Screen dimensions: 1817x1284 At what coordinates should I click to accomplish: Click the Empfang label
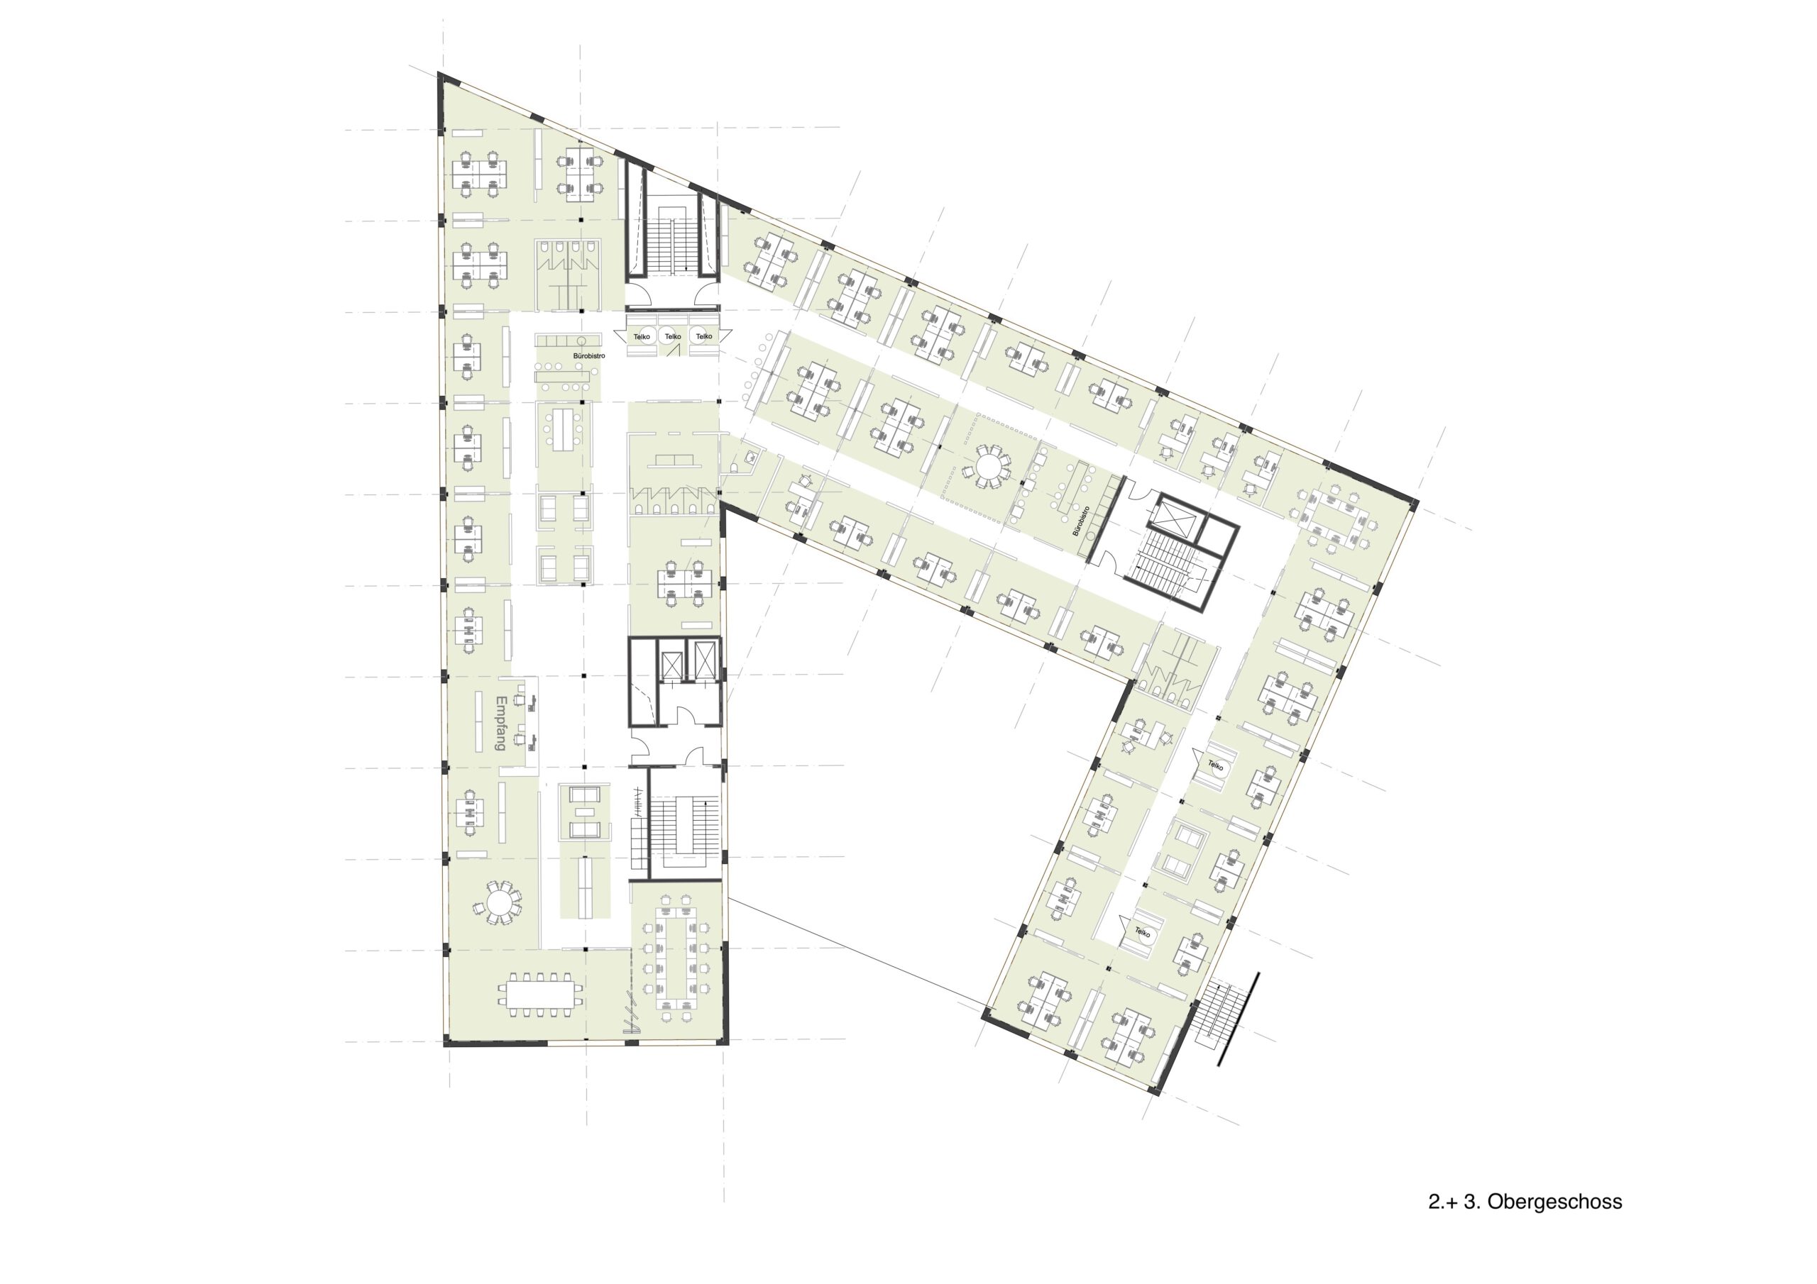point(500,723)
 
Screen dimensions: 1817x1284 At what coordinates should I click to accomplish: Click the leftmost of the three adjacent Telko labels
point(641,337)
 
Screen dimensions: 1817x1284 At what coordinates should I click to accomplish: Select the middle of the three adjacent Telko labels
point(673,337)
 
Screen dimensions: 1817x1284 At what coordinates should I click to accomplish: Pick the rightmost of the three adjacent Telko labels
point(703,337)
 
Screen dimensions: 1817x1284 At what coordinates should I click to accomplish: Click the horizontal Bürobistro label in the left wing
point(589,356)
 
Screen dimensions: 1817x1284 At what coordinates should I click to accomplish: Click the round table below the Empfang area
point(500,902)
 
